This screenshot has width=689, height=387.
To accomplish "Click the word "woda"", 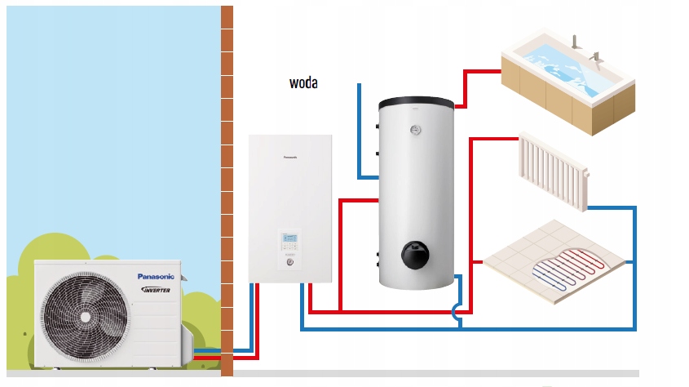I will coord(303,82).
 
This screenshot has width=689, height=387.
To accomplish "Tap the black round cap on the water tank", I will coord(415,256).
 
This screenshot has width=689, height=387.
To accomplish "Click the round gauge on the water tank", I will coord(416,128).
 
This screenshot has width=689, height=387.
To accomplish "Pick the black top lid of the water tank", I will coord(416,103).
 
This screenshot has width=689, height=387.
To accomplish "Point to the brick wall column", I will coord(227,188).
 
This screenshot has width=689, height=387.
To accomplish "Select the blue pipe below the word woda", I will coord(360,131).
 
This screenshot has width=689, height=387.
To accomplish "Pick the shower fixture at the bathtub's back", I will coord(576,40).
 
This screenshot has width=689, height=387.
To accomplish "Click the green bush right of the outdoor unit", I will coord(202,318).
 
